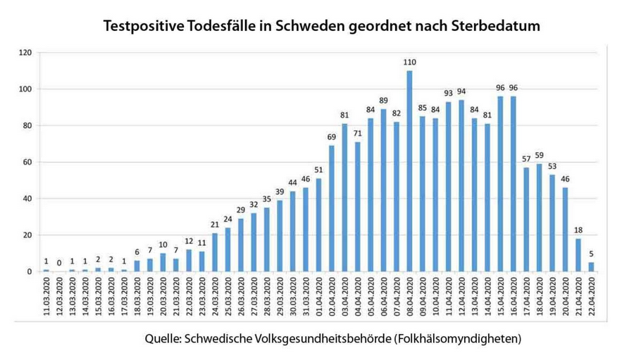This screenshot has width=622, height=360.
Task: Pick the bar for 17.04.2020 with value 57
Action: [525, 219]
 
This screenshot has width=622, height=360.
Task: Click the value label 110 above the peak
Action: [409, 63]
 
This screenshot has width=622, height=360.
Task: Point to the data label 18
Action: [577, 230]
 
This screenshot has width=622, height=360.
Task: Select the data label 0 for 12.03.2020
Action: [58, 263]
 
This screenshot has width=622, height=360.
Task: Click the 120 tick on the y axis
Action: [25, 53]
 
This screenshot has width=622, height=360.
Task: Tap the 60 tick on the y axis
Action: [27, 162]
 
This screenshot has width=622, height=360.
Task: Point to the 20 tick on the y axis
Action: [27, 235]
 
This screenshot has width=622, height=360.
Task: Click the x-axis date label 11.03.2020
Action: [46, 299]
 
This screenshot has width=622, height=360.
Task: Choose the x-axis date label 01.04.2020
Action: [319, 299]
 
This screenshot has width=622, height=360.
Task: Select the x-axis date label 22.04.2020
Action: [590, 299]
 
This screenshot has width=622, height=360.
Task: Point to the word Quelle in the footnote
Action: [161, 339]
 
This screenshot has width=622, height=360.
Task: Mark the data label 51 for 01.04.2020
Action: [318, 170]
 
